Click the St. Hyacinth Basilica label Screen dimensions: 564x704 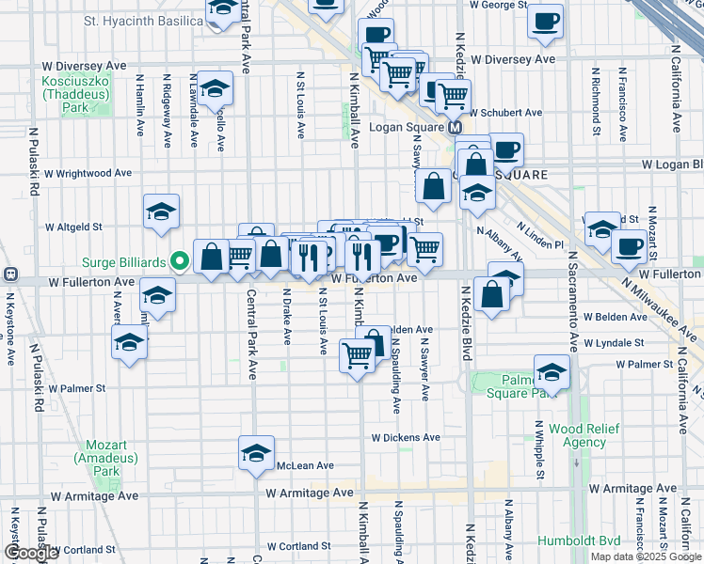(143, 20)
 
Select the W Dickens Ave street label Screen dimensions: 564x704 (406, 437)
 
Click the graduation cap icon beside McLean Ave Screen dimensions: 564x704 (256, 453)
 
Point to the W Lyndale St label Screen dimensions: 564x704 (613, 343)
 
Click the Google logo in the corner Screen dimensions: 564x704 (30, 554)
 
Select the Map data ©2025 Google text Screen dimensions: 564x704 (646, 556)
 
